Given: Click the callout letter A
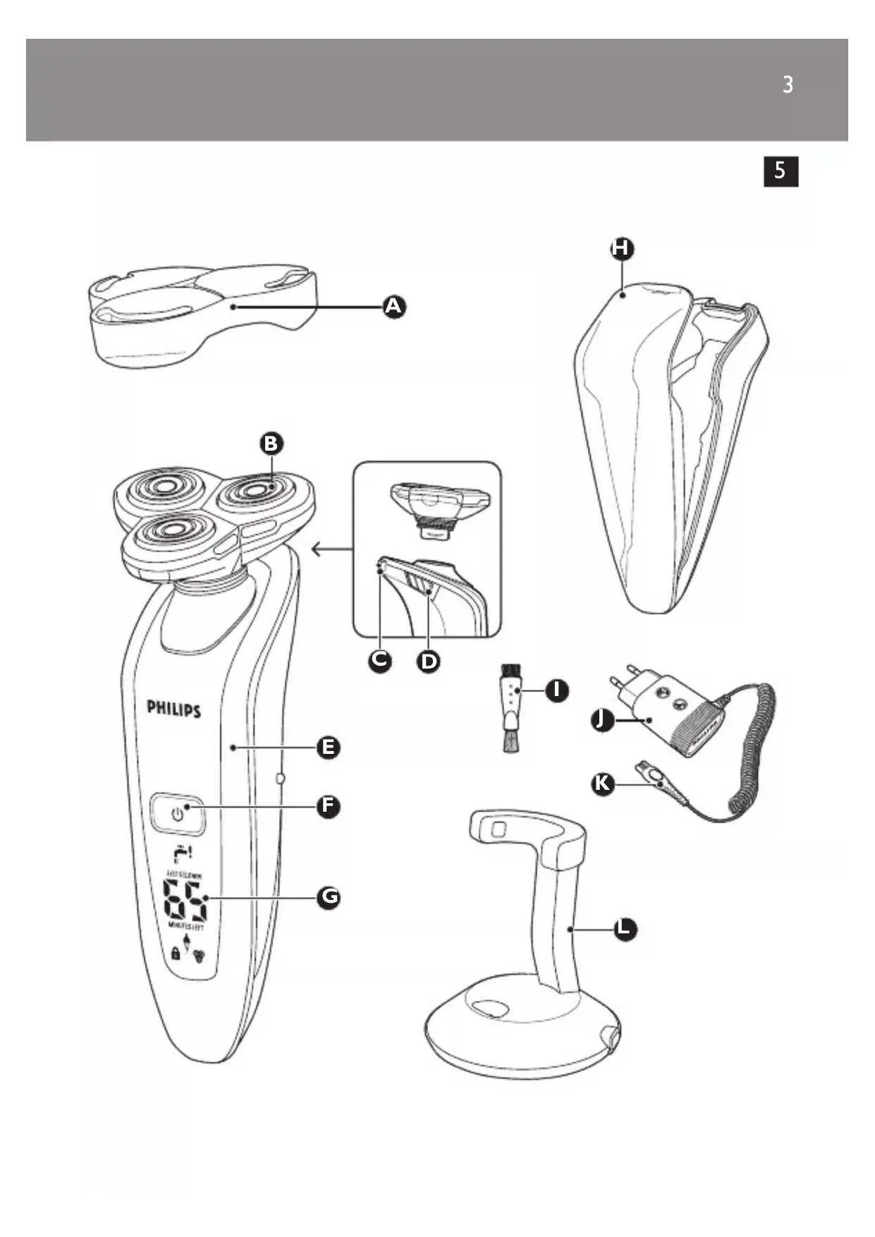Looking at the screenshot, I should pos(394,307).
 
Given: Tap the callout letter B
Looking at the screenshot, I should pos(271,444).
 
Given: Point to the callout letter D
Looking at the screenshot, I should pos(429,662).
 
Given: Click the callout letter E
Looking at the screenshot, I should pos(329,748).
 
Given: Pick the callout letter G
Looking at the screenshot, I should pos(329,897).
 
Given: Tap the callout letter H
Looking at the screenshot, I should pos(622,248).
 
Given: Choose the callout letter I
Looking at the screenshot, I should pos(557,690).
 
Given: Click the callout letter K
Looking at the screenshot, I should pos(602,784).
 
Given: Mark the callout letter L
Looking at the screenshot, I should pos(624,930).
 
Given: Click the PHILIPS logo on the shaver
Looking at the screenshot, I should pos(173,709).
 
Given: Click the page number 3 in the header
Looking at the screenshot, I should pos(788,85).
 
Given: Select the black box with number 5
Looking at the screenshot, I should pos(781,171).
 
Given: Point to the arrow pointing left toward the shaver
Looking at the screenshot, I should pos(331,549).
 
